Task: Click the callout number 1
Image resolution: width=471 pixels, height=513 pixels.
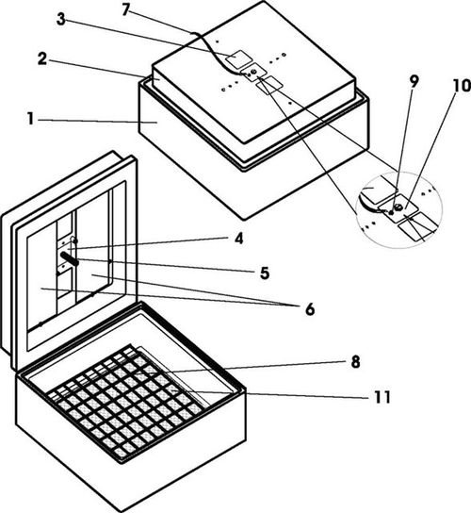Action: (x=30, y=119)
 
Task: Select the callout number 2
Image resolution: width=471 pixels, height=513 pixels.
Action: (x=42, y=58)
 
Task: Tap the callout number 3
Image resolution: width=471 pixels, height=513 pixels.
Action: (x=61, y=19)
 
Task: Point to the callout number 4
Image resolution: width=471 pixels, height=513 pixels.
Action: (x=239, y=239)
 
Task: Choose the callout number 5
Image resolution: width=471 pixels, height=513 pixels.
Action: (x=265, y=273)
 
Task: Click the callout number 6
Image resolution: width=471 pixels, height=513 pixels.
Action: (x=310, y=309)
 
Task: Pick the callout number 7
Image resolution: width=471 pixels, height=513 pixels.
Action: (x=126, y=9)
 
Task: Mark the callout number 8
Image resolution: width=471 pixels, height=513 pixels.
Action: (x=355, y=362)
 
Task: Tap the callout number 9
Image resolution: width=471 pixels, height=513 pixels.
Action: (x=414, y=82)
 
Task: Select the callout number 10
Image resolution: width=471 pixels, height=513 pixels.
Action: (x=462, y=86)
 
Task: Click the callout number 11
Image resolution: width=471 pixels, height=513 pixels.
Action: (x=382, y=397)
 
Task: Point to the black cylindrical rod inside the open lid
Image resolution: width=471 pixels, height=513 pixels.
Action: (x=70, y=257)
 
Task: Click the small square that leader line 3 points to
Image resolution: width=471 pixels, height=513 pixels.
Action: (x=239, y=59)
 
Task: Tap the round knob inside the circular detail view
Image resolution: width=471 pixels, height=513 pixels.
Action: (x=398, y=207)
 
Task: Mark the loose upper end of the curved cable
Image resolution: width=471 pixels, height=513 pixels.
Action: (x=192, y=33)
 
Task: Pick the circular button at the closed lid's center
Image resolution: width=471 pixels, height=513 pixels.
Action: (x=253, y=73)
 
